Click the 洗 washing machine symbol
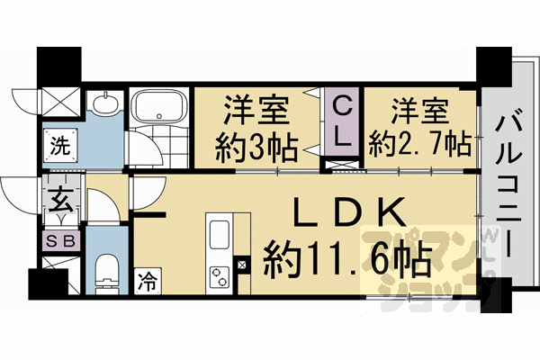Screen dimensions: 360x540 pos(58,142)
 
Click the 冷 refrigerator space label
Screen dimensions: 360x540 pos(146,281)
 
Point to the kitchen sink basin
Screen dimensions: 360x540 pos(220,238)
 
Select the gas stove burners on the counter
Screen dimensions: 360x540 pos(220,274)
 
